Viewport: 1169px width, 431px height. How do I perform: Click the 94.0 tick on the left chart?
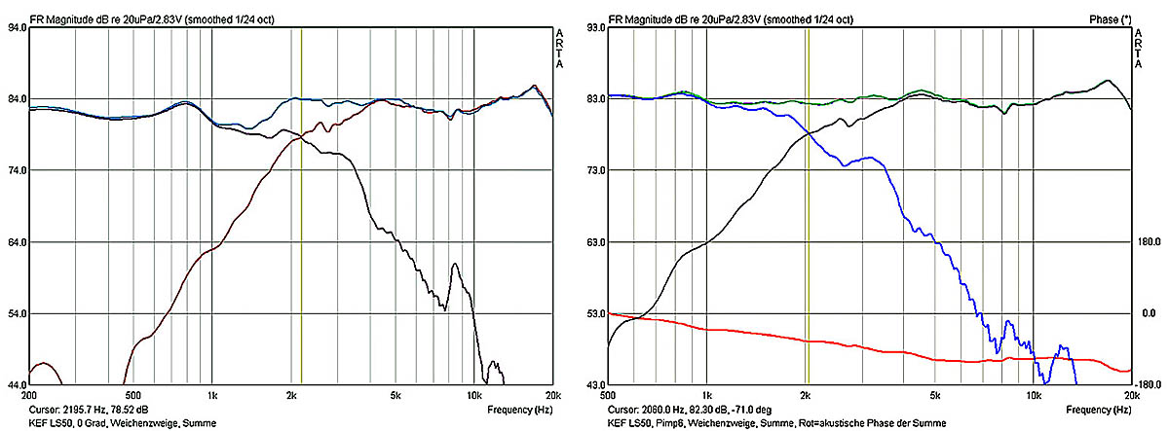(17, 28)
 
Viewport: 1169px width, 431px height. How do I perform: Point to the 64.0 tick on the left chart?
(17, 242)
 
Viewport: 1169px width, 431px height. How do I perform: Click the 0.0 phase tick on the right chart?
(1150, 313)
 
